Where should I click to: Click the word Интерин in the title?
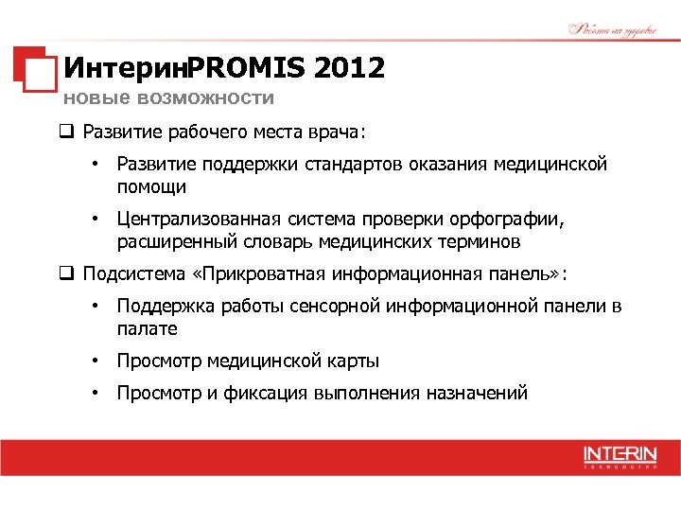click(124, 68)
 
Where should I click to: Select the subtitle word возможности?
click(205, 97)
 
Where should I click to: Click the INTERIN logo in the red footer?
click(620, 456)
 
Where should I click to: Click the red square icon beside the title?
click(34, 68)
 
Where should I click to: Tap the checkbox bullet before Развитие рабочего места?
click(67, 131)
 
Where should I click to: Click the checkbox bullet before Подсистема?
click(67, 275)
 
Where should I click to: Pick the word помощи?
click(151, 186)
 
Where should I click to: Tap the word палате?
click(147, 328)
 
